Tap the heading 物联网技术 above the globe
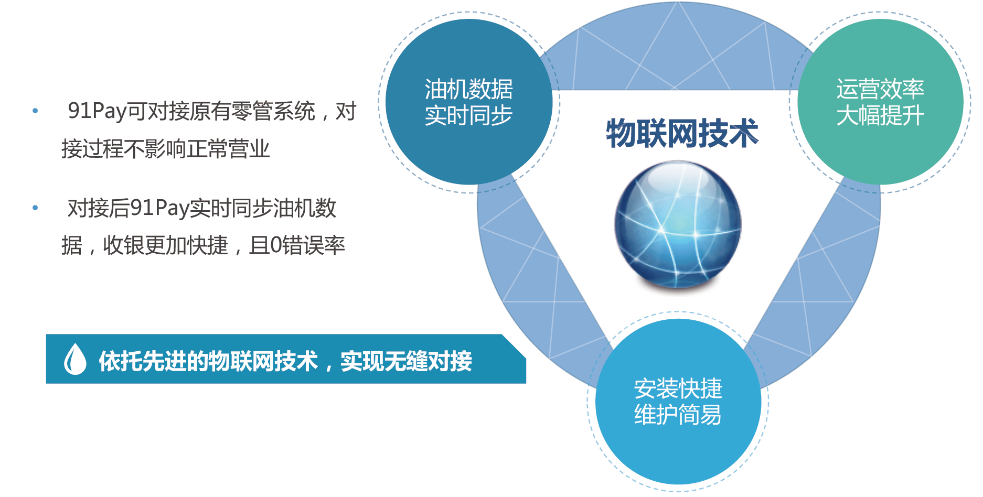[x=682, y=133]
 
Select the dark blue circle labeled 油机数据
[x=469, y=102]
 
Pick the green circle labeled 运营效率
[x=880, y=102]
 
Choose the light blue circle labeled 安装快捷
[x=678, y=402]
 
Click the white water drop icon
[x=75, y=359]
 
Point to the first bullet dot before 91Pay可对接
[x=35, y=111]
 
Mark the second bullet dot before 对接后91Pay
[x=35, y=208]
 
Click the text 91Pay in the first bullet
[x=97, y=111]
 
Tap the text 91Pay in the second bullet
[x=159, y=208]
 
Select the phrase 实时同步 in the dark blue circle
[x=469, y=115]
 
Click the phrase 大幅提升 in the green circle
[x=880, y=115]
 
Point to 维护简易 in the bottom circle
[x=678, y=415]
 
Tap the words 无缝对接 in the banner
[x=428, y=361]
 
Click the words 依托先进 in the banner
[x=142, y=361]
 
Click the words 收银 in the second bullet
[x=124, y=245]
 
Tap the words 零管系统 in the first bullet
[x=273, y=111]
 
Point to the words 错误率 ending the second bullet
[x=314, y=245]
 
